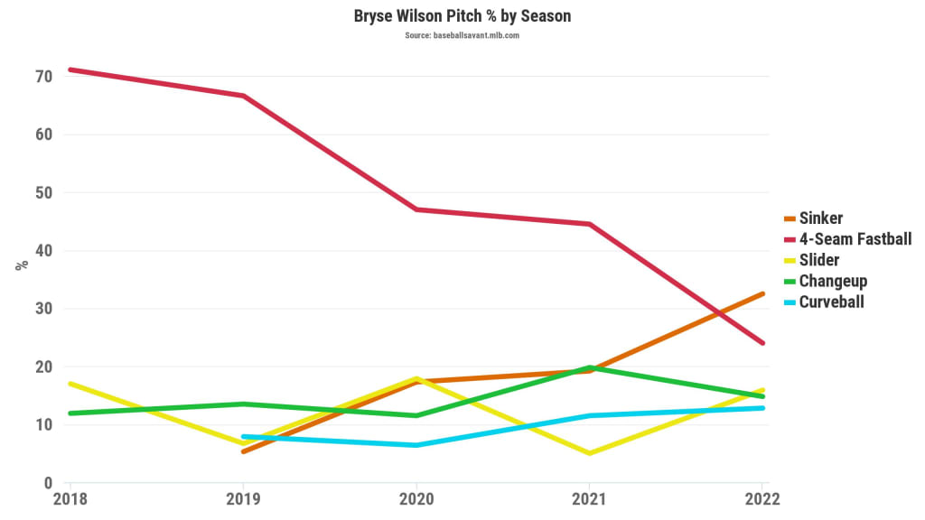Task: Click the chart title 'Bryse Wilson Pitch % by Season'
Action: tap(462, 16)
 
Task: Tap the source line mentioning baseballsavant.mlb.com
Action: tap(462, 35)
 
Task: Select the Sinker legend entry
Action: tap(820, 218)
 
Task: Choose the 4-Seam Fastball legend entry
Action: tap(855, 238)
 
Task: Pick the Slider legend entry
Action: tap(818, 260)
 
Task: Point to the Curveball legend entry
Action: tap(831, 302)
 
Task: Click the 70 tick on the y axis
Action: tap(43, 77)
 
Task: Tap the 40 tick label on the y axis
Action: tap(43, 251)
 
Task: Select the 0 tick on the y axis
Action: tap(49, 483)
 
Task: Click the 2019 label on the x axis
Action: tap(243, 499)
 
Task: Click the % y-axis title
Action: tap(22, 265)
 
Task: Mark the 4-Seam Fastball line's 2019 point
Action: tap(243, 96)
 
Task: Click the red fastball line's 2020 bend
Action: tap(416, 209)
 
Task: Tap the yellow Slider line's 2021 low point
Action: tap(590, 453)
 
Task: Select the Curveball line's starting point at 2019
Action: tap(243, 436)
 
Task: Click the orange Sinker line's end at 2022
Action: tap(763, 293)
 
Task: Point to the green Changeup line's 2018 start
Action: tap(70, 413)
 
